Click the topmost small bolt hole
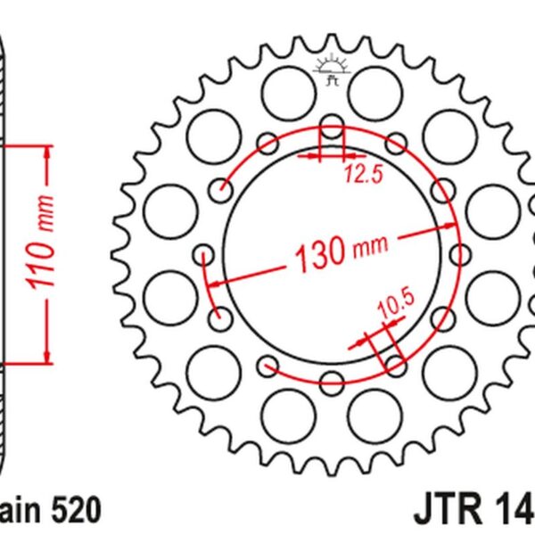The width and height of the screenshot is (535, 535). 331,125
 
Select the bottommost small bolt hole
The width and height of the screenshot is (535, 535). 331,382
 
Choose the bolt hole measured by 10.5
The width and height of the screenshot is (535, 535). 393,365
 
